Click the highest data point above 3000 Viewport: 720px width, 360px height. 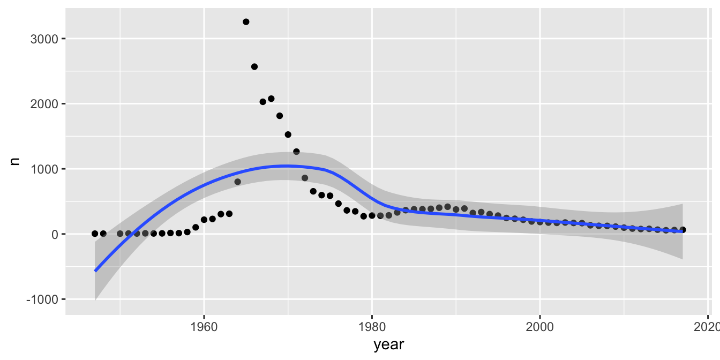246,22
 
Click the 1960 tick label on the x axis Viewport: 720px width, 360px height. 204,327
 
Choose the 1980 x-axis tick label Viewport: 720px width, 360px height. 372,327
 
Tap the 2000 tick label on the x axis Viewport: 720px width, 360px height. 540,327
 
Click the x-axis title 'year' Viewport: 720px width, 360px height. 389,346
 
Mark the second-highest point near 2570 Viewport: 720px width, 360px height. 254,66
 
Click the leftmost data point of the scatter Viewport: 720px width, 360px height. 95,234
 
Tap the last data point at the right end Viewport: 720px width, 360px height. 682,230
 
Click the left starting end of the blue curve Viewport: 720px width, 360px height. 95,271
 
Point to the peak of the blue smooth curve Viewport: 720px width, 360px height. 288,166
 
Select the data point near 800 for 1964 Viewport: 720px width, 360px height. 237,182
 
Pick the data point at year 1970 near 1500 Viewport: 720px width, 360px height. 288,134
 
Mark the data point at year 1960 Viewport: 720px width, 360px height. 204,220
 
